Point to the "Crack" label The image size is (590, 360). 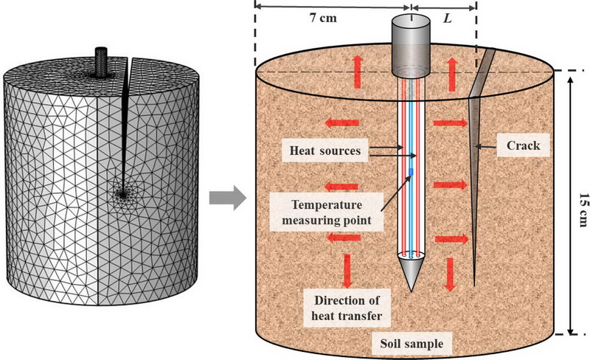point(524,146)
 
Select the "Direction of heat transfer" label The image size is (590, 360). point(345,308)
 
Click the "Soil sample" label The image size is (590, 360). point(409,344)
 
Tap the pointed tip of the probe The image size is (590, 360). point(412,285)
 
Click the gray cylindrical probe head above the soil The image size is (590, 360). point(410,46)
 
